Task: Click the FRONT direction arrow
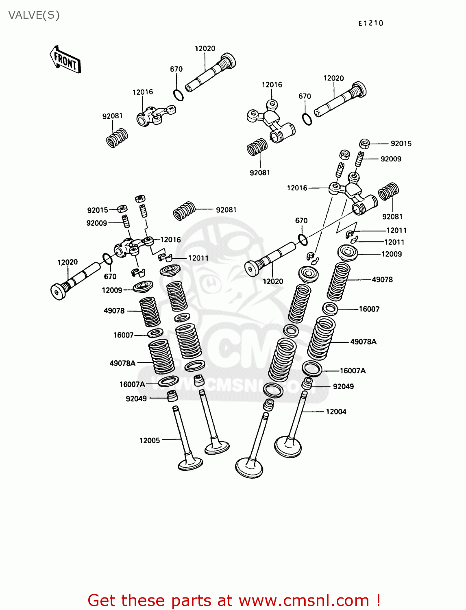click(x=65, y=60)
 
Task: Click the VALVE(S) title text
click(x=34, y=15)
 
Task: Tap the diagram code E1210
click(x=370, y=23)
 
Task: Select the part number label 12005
click(x=150, y=440)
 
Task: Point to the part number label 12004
click(x=336, y=412)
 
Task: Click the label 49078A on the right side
click(x=363, y=342)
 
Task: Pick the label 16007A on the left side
click(x=132, y=384)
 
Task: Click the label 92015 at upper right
click(x=401, y=144)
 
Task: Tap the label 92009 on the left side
click(x=97, y=223)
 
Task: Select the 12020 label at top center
click(x=205, y=48)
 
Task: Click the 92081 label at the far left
click(x=112, y=116)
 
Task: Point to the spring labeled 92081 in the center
click(x=185, y=211)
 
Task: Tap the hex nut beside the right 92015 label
click(x=364, y=144)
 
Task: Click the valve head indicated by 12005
click(x=190, y=464)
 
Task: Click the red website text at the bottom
click(x=234, y=600)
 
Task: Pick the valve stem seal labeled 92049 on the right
click(x=307, y=383)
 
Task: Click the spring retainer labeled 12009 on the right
click(x=348, y=253)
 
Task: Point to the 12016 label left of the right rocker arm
click(x=297, y=188)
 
